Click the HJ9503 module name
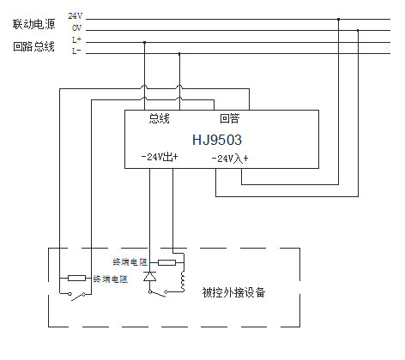(x=217, y=140)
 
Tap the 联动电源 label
(x=33, y=24)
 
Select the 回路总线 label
(x=33, y=46)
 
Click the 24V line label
(x=76, y=16)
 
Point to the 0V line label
(x=76, y=28)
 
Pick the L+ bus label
(x=76, y=39)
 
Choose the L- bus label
(x=76, y=51)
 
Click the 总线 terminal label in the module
(x=159, y=118)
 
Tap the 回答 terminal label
(x=230, y=118)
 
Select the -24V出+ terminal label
(x=160, y=157)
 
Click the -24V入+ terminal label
(x=230, y=159)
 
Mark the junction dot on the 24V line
(x=338, y=19)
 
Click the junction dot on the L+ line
(x=144, y=42)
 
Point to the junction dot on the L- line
(x=179, y=53)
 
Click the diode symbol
(x=149, y=276)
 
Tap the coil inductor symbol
(x=184, y=281)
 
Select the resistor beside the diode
(x=166, y=262)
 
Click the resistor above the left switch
(x=76, y=278)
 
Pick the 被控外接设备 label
(x=233, y=292)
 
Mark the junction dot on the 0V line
(x=358, y=30)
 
